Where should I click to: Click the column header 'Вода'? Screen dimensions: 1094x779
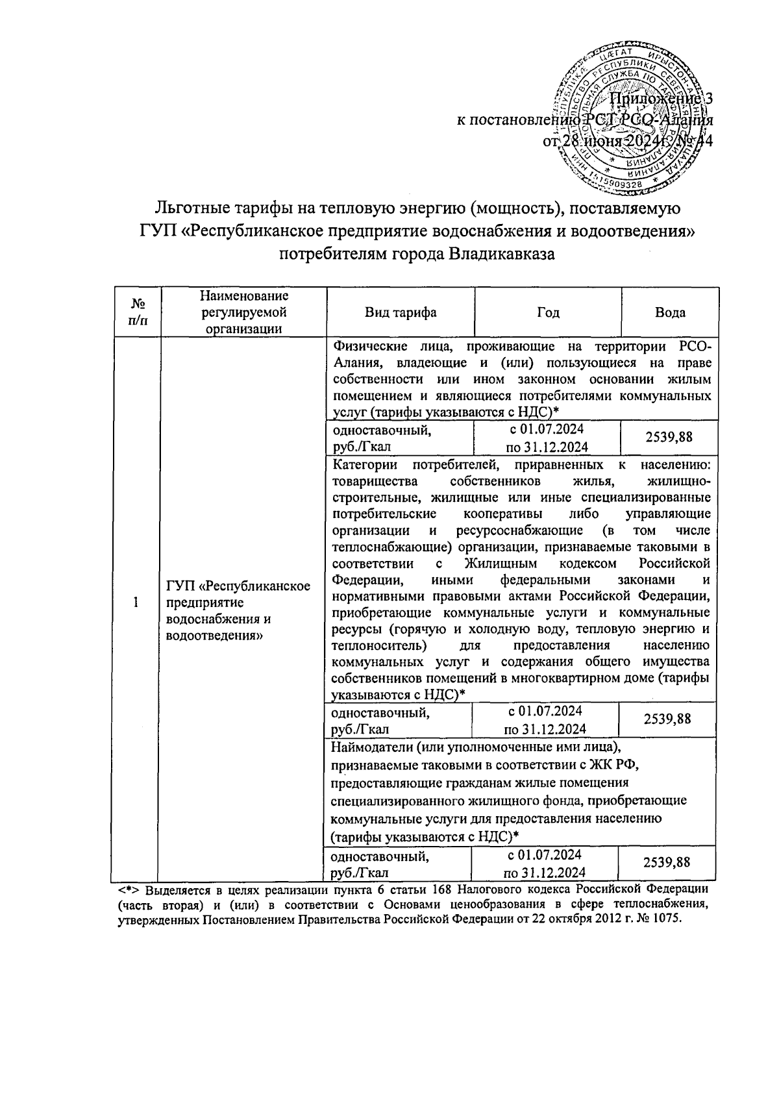(670, 312)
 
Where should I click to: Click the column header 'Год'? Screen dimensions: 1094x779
(548, 312)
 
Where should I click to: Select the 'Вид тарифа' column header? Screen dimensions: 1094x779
(400, 312)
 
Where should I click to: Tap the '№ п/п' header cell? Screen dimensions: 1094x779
(137, 312)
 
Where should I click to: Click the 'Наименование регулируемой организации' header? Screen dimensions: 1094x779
(243, 312)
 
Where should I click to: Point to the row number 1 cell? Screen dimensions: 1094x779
(136, 603)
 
